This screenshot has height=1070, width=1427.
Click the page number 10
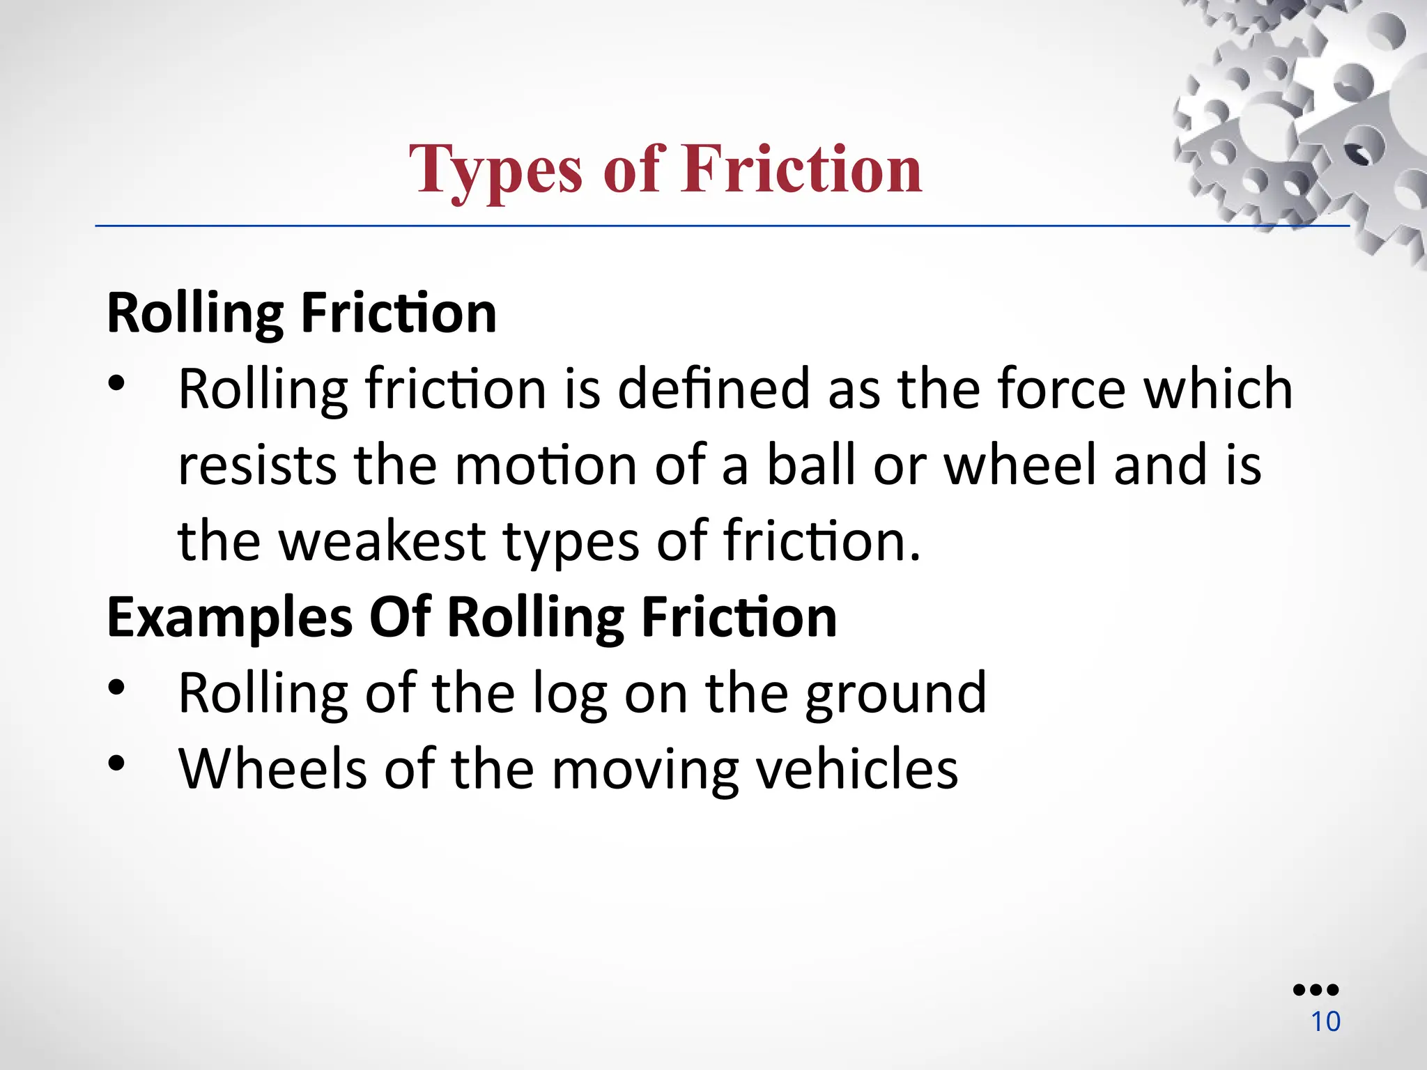[1325, 1022]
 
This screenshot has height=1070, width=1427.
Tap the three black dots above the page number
[1316, 990]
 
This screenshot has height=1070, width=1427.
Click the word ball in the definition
[811, 465]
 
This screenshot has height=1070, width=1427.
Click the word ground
[895, 693]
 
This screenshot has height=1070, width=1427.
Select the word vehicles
[857, 769]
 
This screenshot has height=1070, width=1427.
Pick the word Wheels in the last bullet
[272, 769]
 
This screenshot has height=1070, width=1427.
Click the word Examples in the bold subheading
[230, 617]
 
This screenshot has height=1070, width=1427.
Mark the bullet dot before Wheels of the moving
[116, 764]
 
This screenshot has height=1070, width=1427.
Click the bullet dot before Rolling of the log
[116, 688]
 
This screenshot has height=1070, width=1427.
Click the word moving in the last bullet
[645, 769]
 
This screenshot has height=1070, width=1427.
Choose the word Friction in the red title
[801, 169]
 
